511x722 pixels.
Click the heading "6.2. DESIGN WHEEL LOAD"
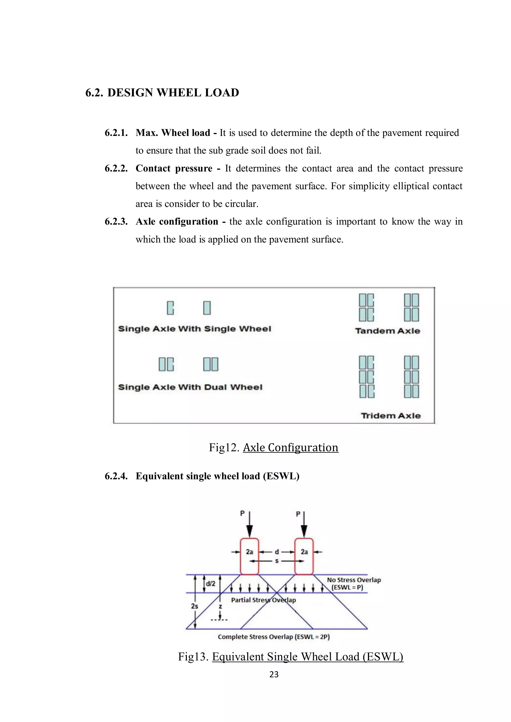(x=162, y=93)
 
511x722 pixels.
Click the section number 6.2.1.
(x=116, y=133)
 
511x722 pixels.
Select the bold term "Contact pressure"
(x=174, y=168)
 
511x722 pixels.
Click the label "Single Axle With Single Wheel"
(x=194, y=329)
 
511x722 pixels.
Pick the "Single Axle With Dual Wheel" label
(x=190, y=387)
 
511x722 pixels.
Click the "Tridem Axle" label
(x=390, y=416)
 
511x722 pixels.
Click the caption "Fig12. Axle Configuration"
(x=273, y=447)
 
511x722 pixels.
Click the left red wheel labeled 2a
(x=250, y=556)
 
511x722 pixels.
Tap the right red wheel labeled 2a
(x=304, y=556)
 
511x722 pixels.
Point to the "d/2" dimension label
(x=211, y=584)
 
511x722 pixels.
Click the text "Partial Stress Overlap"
(x=263, y=600)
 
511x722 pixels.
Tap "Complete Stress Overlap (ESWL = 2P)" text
(x=273, y=637)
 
